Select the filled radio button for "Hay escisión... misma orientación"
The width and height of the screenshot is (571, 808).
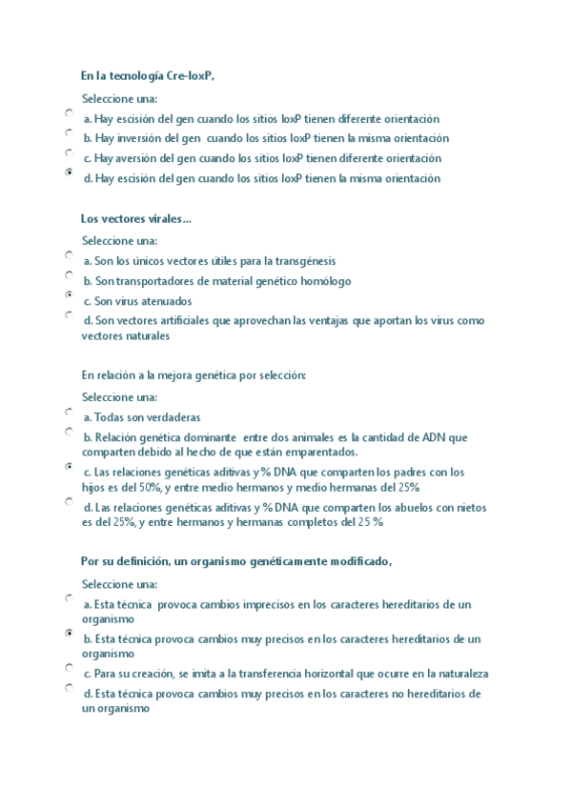70,172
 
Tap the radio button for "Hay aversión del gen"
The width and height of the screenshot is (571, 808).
70,152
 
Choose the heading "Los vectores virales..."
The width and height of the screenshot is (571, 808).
136,219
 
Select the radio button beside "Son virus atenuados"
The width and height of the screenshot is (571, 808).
70,295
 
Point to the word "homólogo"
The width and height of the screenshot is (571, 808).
325,281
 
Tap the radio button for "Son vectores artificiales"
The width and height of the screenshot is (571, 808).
70,314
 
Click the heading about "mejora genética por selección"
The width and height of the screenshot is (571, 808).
194,375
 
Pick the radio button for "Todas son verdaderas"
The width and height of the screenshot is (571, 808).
70,412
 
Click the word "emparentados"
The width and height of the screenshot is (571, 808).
324,452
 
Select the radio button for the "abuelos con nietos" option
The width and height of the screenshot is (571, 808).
70,502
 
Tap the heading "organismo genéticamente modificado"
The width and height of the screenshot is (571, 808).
236,562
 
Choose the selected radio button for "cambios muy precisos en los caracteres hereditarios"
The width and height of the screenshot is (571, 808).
70,633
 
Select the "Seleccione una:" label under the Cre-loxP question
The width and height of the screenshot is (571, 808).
120,99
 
